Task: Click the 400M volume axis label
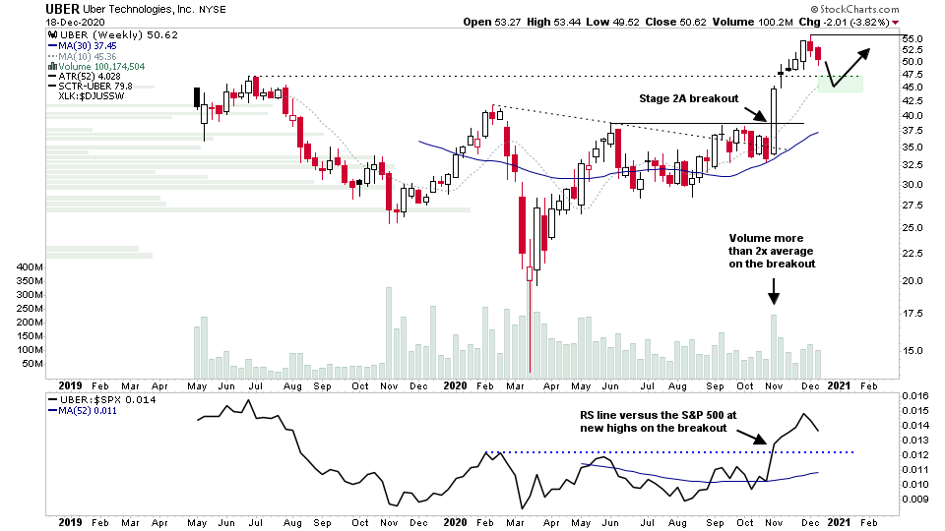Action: click(30, 267)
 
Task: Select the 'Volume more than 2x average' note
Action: click(773, 251)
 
